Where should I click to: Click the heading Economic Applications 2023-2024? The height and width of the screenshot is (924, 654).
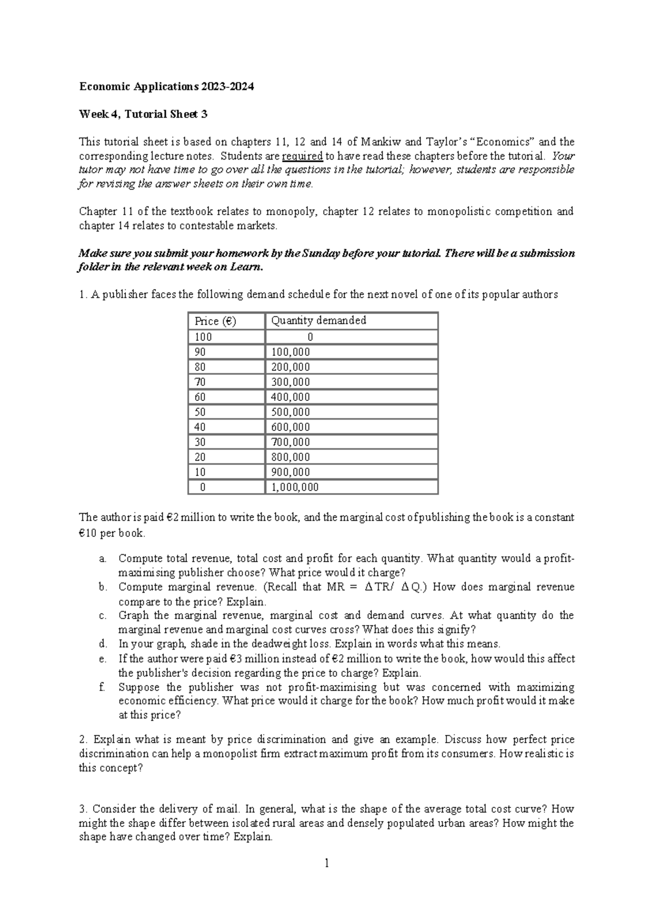pos(166,87)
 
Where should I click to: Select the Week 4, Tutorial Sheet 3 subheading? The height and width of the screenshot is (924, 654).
pos(143,114)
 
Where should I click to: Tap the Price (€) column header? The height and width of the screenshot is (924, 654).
pos(215,321)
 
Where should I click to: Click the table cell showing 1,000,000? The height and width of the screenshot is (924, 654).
pos(295,487)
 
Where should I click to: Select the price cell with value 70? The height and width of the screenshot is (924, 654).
pos(200,382)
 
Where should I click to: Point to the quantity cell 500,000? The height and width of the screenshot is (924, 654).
pos(290,412)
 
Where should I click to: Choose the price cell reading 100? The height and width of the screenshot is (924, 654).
pos(203,337)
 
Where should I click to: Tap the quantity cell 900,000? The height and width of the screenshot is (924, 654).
pos(290,472)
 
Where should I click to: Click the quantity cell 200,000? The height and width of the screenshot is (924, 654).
pos(290,367)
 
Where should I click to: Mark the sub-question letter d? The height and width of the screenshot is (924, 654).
pos(102,644)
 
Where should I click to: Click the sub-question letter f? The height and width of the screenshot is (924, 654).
pos(102,687)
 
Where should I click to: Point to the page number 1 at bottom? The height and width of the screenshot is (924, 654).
pos(326,863)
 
